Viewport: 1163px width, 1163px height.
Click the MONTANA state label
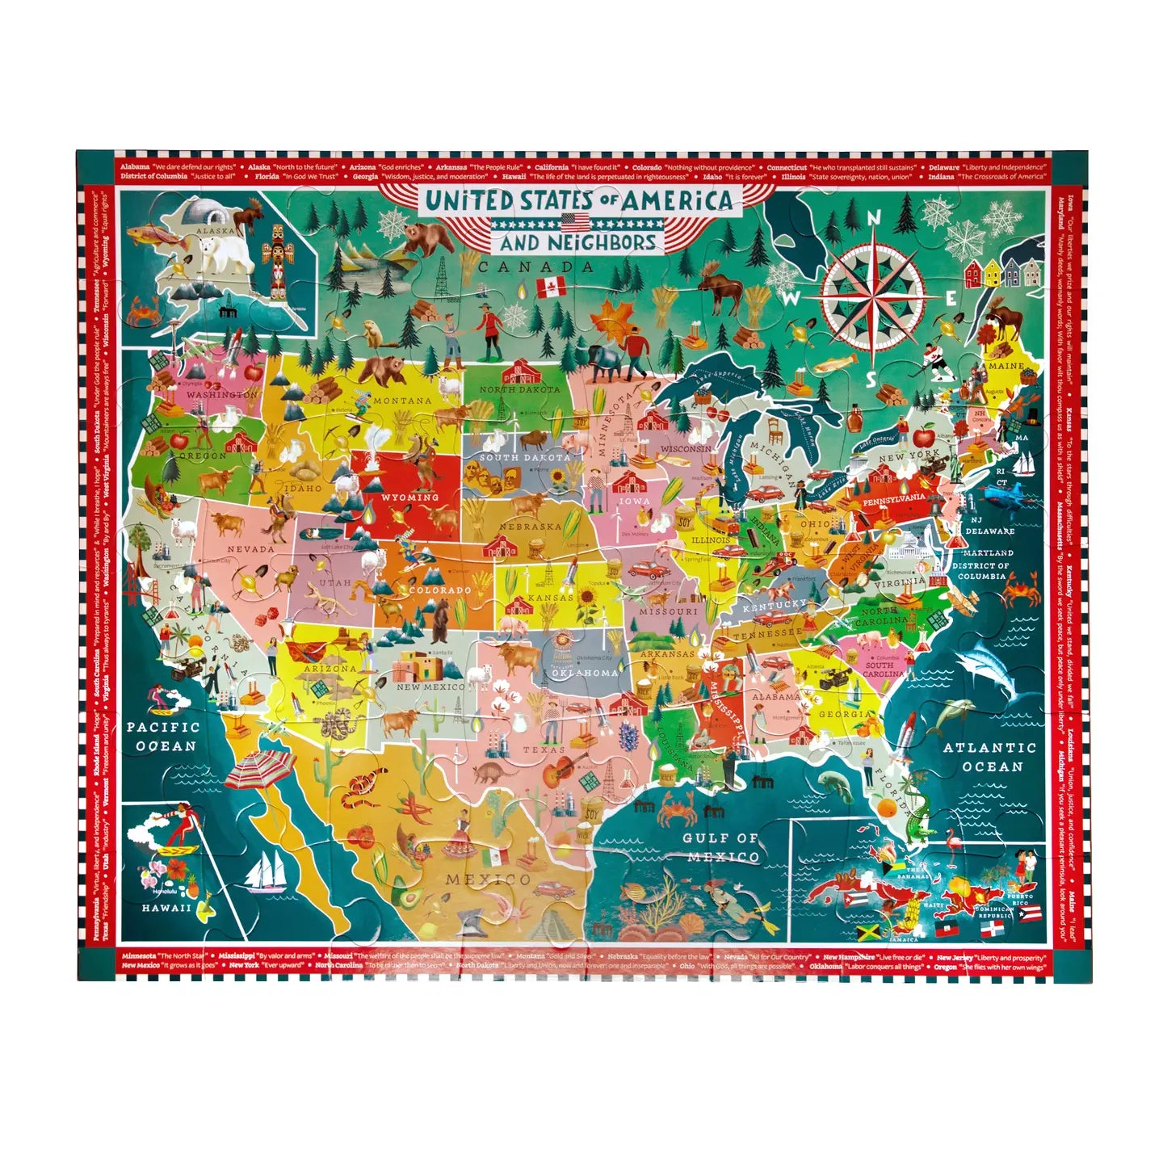click(x=401, y=401)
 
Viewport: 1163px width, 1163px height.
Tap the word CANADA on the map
click(x=535, y=267)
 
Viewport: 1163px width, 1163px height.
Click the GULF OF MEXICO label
click(x=721, y=847)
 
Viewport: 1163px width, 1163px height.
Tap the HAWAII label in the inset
click(x=166, y=908)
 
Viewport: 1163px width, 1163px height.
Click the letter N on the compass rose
click(x=874, y=218)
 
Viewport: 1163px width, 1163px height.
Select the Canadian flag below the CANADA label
click(x=552, y=286)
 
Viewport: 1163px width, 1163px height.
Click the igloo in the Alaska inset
click(x=201, y=213)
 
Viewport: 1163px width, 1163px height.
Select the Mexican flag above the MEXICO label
click(x=494, y=856)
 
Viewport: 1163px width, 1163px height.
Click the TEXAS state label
click(x=544, y=750)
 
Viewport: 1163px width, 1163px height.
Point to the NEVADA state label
click(x=250, y=549)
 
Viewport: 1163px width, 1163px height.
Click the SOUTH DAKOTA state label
click(x=525, y=457)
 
